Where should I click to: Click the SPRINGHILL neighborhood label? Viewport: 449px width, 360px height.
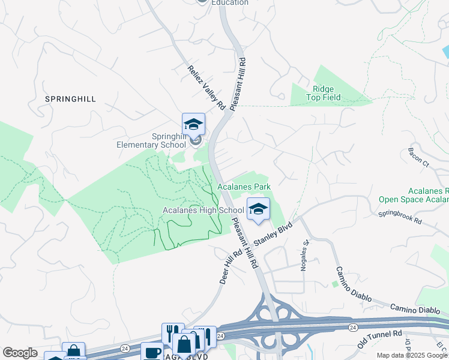pyautogui.click(x=70, y=99)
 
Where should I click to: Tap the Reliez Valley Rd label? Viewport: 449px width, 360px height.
pyautogui.click(x=206, y=88)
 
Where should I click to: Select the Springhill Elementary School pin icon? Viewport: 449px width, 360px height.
pyautogui.click(x=193, y=124)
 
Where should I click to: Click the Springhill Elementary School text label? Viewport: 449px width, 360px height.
pyautogui.click(x=151, y=140)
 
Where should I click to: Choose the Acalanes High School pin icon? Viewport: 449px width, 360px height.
pyautogui.click(x=258, y=209)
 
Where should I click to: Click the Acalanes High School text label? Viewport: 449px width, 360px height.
pyautogui.click(x=203, y=210)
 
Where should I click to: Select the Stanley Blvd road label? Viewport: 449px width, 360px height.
pyautogui.click(x=273, y=233)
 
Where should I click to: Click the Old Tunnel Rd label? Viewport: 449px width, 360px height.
pyautogui.click(x=379, y=340)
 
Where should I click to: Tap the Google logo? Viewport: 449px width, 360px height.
pyautogui.click(x=20, y=353)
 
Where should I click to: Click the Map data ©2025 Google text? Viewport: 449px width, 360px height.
pyautogui.click(x=412, y=355)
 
